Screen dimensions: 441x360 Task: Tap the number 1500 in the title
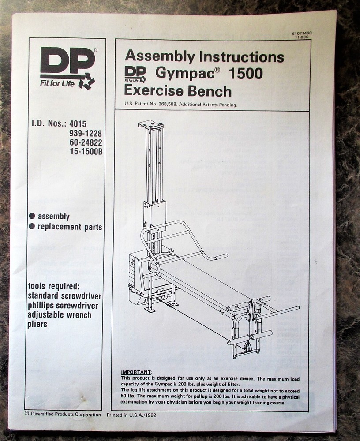(246, 74)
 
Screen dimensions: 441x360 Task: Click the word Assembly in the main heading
(159, 56)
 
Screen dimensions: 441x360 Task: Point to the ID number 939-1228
(86, 134)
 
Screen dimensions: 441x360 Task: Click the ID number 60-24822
(86, 142)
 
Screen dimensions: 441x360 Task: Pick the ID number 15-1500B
(86, 151)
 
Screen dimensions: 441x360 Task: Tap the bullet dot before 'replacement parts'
(32, 227)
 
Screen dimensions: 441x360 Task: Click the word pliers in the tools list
(37, 324)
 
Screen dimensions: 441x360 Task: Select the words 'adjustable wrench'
(60, 315)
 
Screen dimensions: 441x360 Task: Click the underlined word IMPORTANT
(136, 372)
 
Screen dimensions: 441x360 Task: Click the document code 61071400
(301, 34)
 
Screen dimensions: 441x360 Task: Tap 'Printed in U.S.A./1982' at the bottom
(131, 415)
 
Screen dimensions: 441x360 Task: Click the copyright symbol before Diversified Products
(27, 414)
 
